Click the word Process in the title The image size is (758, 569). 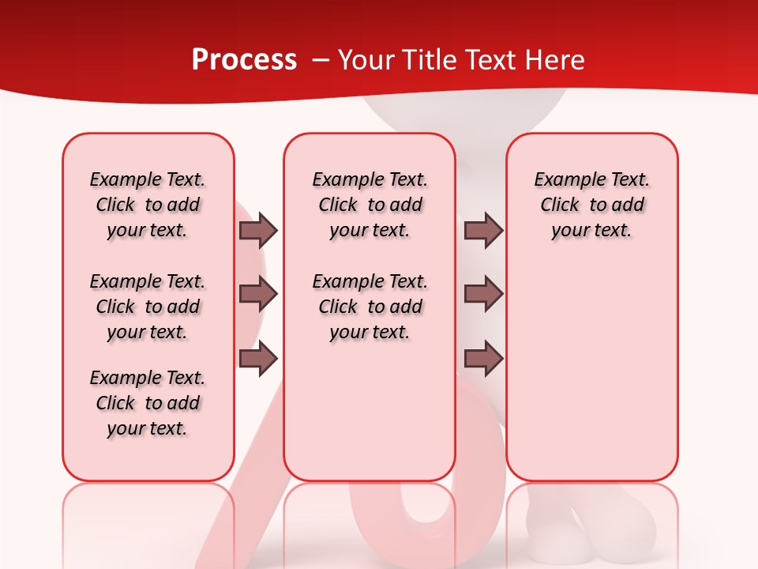coord(244,60)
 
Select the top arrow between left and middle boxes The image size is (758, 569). coord(258,230)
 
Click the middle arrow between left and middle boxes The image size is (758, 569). coord(258,294)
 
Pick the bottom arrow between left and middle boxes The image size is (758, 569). coord(258,359)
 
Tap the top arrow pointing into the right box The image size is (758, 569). coord(483,230)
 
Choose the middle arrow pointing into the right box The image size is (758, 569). coord(483,294)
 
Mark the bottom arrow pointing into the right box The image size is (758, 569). coord(483,359)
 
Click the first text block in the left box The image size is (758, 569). coord(148,205)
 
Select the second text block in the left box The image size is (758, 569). coord(148,307)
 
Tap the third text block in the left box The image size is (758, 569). coord(148,403)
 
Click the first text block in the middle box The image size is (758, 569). coord(370,205)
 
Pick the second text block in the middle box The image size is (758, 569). coord(370,307)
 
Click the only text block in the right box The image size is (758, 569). coord(591,205)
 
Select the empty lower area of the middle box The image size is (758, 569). coord(370,411)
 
